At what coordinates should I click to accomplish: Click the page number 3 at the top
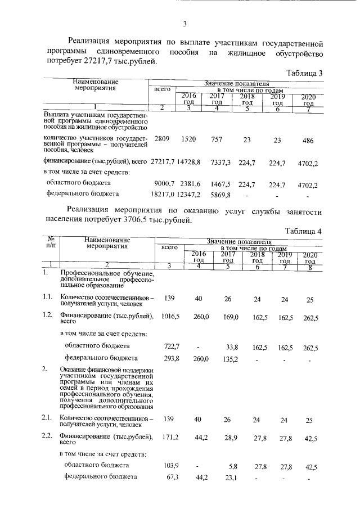click(x=184, y=24)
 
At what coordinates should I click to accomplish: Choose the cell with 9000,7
click(x=165, y=183)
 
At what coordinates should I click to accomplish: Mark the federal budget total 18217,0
click(x=164, y=194)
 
